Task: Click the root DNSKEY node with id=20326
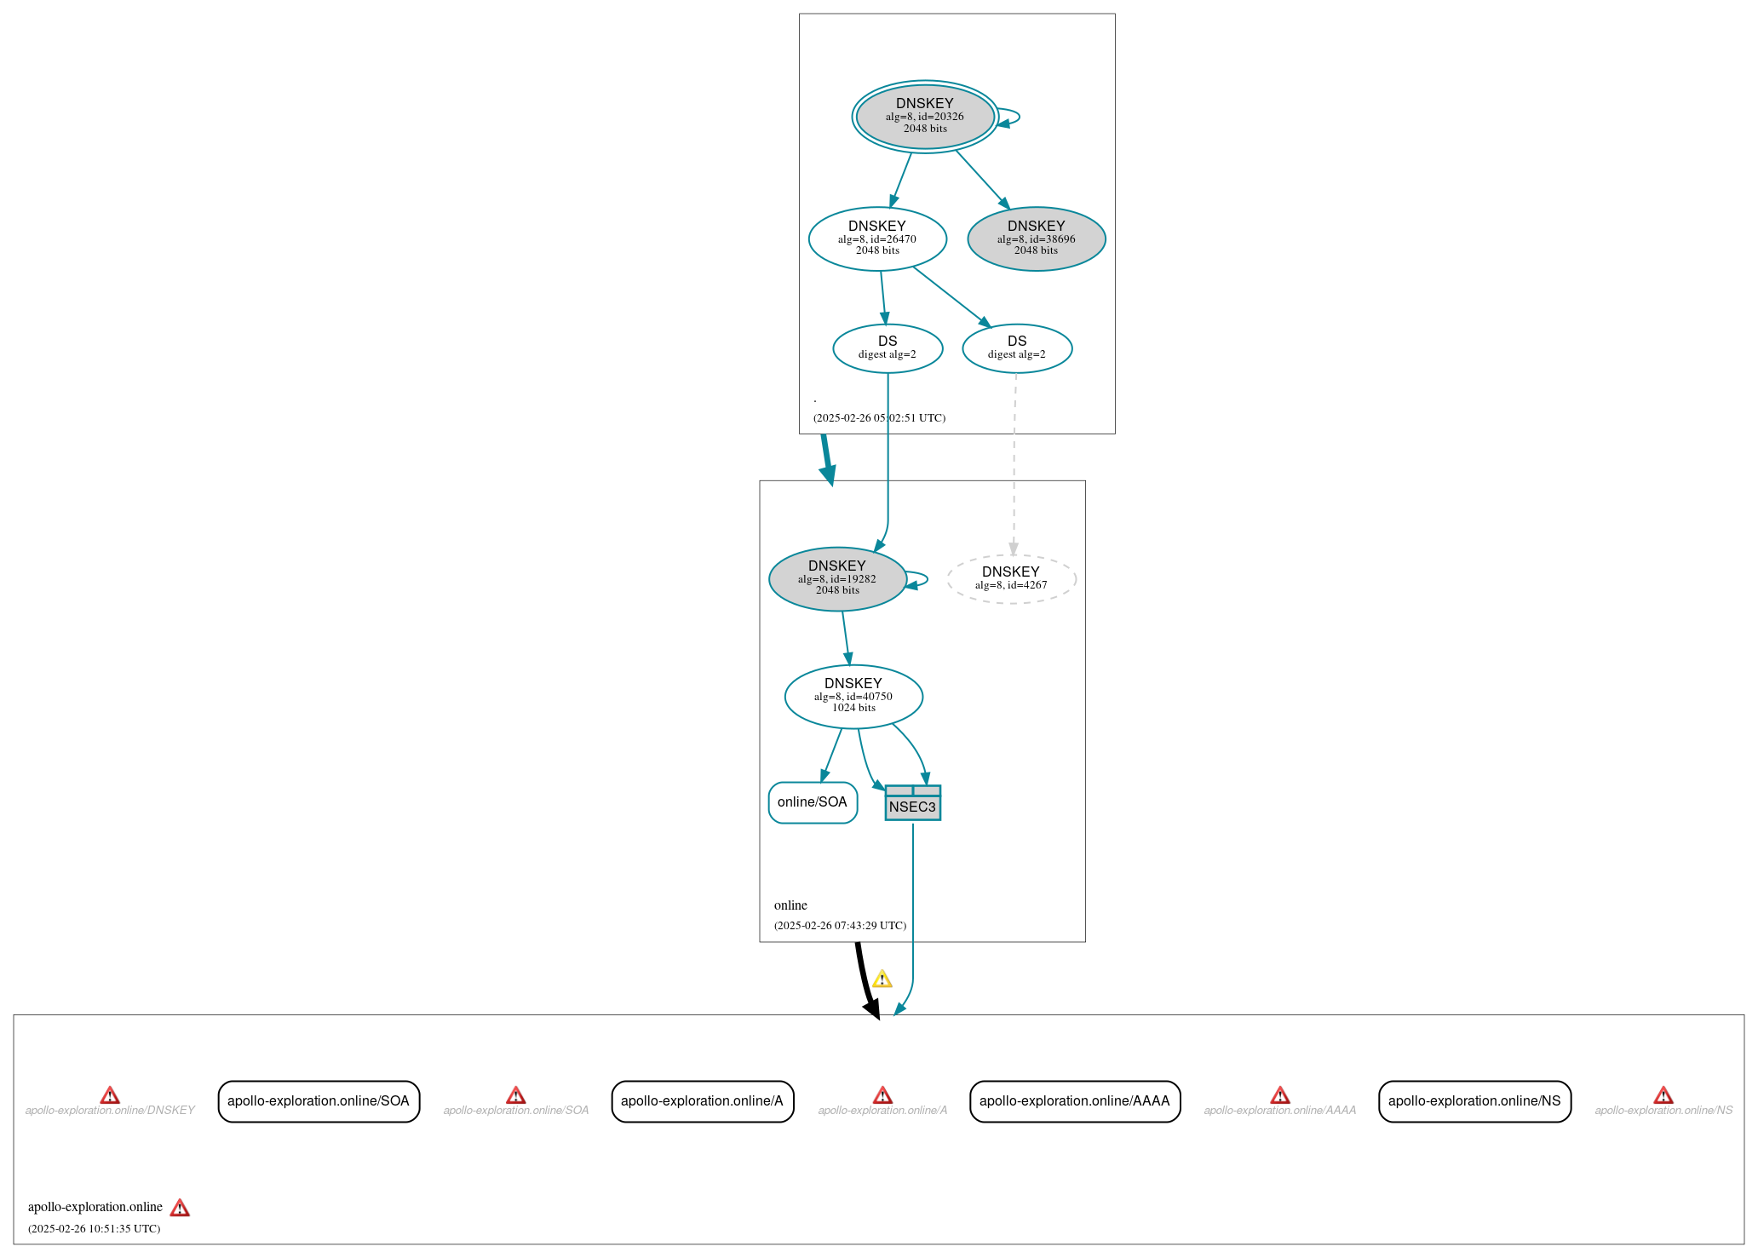coord(924,117)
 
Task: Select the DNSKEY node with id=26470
coord(877,238)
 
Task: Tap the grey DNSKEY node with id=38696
coord(1036,238)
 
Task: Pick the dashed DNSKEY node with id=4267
coord(1011,579)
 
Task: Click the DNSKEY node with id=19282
coord(837,578)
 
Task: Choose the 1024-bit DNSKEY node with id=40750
coord(853,696)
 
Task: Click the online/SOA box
coord(813,802)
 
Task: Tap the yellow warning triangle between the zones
coord(882,979)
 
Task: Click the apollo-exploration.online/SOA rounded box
coord(319,1101)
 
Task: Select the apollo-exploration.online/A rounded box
coord(702,1101)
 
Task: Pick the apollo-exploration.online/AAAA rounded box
coord(1074,1101)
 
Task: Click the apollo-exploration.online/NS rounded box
coord(1474,1101)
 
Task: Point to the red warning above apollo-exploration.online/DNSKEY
coord(110,1095)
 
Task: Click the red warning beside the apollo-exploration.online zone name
coord(180,1208)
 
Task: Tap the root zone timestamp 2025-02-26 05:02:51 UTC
coord(879,418)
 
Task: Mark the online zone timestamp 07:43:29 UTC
coord(840,926)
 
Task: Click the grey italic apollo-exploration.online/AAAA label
coord(1279,1111)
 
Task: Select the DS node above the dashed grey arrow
coord(1017,348)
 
